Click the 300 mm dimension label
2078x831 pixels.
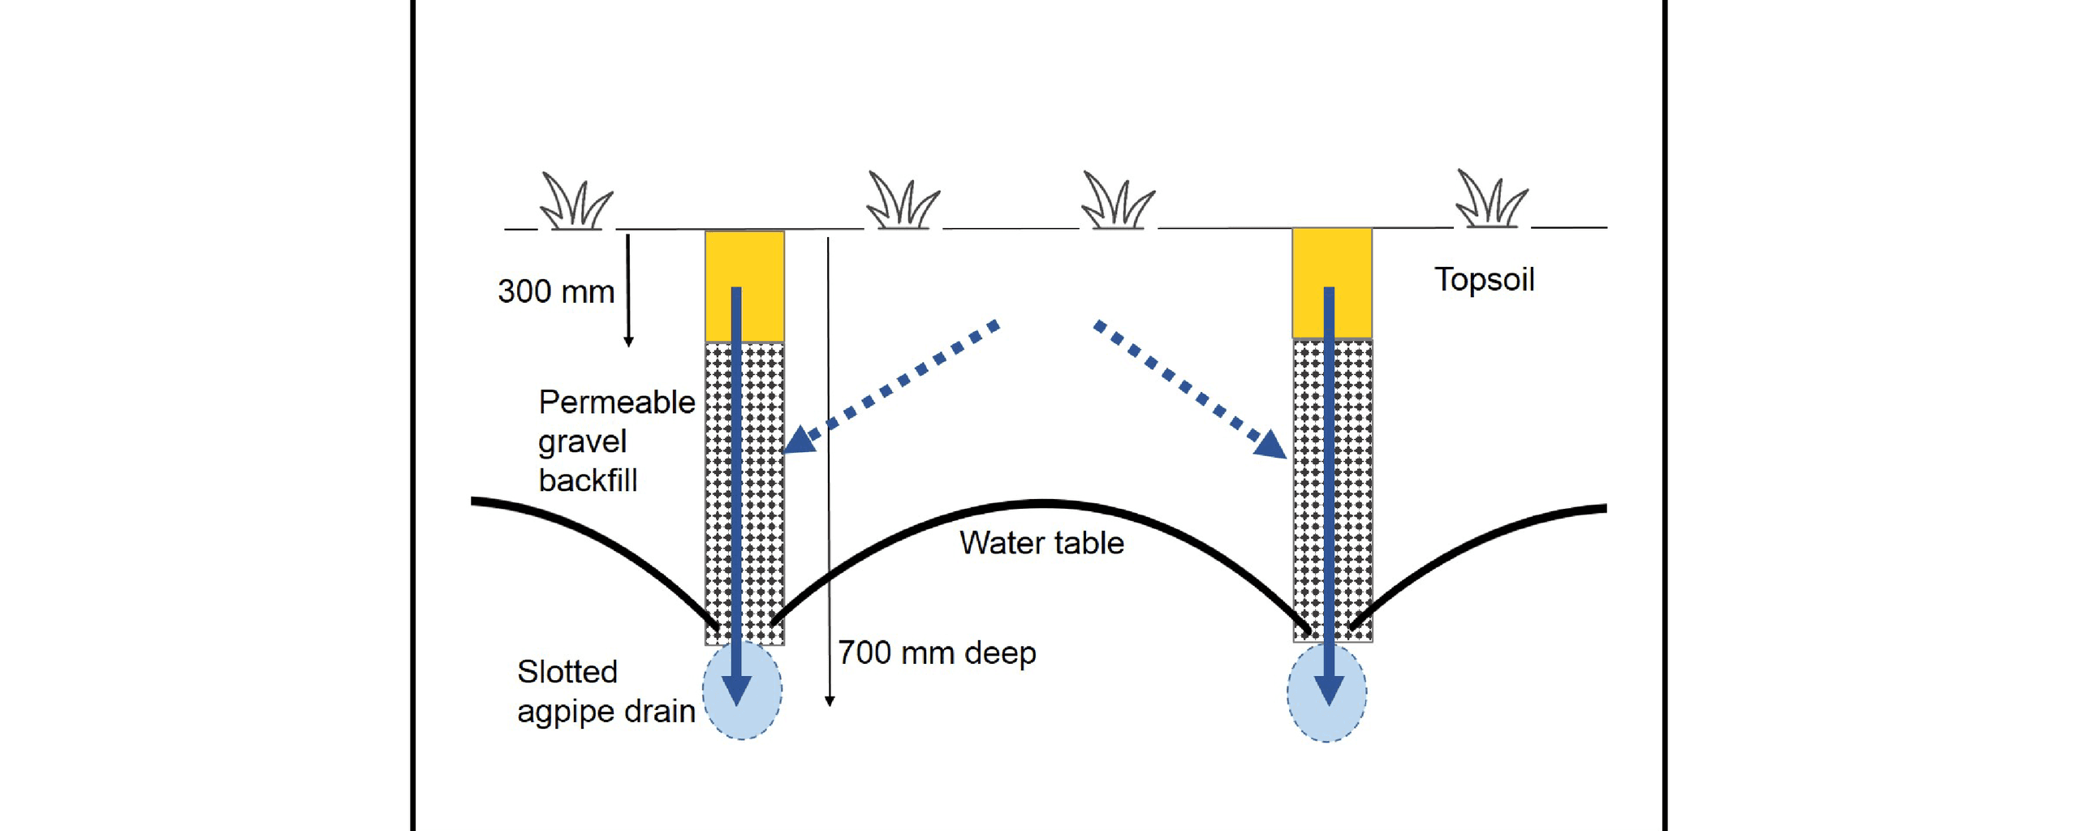point(556,291)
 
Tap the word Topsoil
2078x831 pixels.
point(1484,279)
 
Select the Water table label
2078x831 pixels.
point(1041,543)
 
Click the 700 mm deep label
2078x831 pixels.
point(937,652)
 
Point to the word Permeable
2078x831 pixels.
point(617,403)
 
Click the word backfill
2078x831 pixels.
point(588,480)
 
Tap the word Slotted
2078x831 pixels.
point(567,672)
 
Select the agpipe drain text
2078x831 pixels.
point(606,711)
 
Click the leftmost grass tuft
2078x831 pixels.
point(576,202)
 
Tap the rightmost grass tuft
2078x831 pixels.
point(1491,200)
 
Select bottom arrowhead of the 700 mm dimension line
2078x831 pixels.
point(829,700)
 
